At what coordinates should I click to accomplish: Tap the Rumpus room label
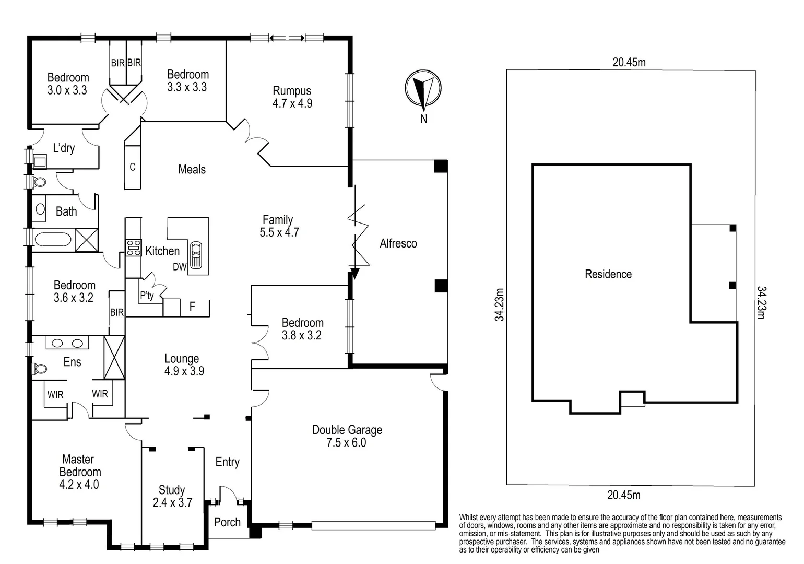pyautogui.click(x=292, y=97)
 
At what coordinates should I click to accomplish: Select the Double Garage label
pyautogui.click(x=347, y=436)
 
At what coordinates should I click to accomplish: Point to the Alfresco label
pyautogui.click(x=398, y=243)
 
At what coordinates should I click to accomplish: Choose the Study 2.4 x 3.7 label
pyautogui.click(x=172, y=496)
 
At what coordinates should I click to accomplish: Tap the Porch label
pyautogui.click(x=227, y=522)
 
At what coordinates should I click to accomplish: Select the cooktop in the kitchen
pyautogui.click(x=133, y=247)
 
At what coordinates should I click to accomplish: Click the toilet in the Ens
pyautogui.click(x=39, y=369)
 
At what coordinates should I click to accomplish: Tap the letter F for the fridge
pyautogui.click(x=192, y=307)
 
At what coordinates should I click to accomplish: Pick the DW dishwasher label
pyautogui.click(x=180, y=267)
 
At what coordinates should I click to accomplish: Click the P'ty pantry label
pyautogui.click(x=147, y=296)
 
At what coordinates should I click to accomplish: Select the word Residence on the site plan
pyautogui.click(x=608, y=274)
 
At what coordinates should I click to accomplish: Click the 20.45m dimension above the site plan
pyautogui.click(x=629, y=63)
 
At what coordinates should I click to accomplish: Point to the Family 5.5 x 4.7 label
pyautogui.click(x=279, y=226)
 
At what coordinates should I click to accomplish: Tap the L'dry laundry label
pyautogui.click(x=64, y=148)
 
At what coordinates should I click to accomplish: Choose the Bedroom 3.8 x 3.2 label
pyautogui.click(x=302, y=329)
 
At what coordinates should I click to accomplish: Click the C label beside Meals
pyautogui.click(x=133, y=167)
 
